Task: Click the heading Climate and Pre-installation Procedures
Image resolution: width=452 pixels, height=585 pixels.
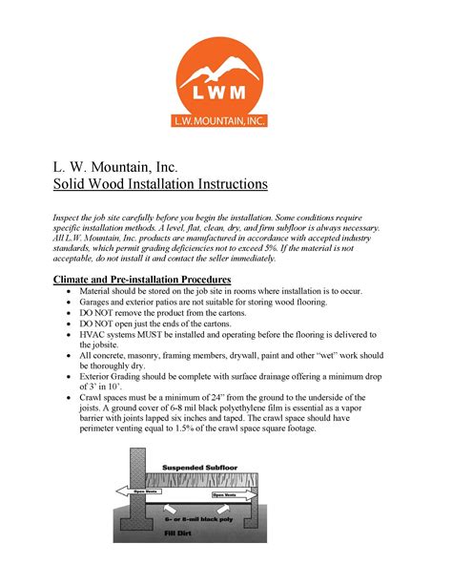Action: pos(143,278)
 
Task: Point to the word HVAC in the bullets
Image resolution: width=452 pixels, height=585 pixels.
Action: pos(95,334)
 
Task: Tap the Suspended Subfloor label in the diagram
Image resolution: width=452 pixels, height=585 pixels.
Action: pos(198,467)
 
